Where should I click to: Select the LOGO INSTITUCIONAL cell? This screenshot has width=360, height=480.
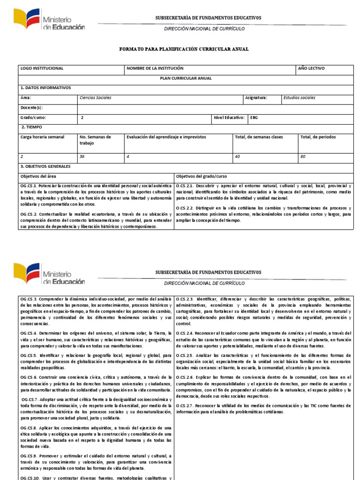click(x=42, y=68)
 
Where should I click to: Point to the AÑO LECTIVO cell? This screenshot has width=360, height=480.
click(x=311, y=68)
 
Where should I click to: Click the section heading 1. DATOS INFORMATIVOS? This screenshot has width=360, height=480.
click(x=45, y=88)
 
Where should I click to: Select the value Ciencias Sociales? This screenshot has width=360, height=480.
click(x=96, y=98)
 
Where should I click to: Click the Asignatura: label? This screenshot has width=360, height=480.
click(x=256, y=98)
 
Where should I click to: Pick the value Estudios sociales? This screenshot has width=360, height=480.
click(x=300, y=98)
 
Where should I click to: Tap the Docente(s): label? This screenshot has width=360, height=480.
click(x=32, y=108)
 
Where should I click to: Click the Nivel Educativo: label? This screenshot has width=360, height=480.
click(x=229, y=118)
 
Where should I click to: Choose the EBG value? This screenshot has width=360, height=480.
click(x=254, y=118)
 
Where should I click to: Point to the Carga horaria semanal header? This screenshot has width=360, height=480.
click(x=42, y=137)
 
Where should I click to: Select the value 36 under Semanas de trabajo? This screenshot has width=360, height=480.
click(x=82, y=157)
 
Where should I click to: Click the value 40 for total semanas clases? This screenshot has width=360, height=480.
click(x=237, y=157)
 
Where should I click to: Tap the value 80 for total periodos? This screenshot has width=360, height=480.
click(x=303, y=157)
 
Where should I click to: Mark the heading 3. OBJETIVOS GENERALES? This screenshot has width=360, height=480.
click(x=45, y=166)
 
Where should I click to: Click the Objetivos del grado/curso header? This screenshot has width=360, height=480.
click(x=202, y=176)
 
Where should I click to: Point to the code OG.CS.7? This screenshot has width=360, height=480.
click(x=31, y=399)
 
